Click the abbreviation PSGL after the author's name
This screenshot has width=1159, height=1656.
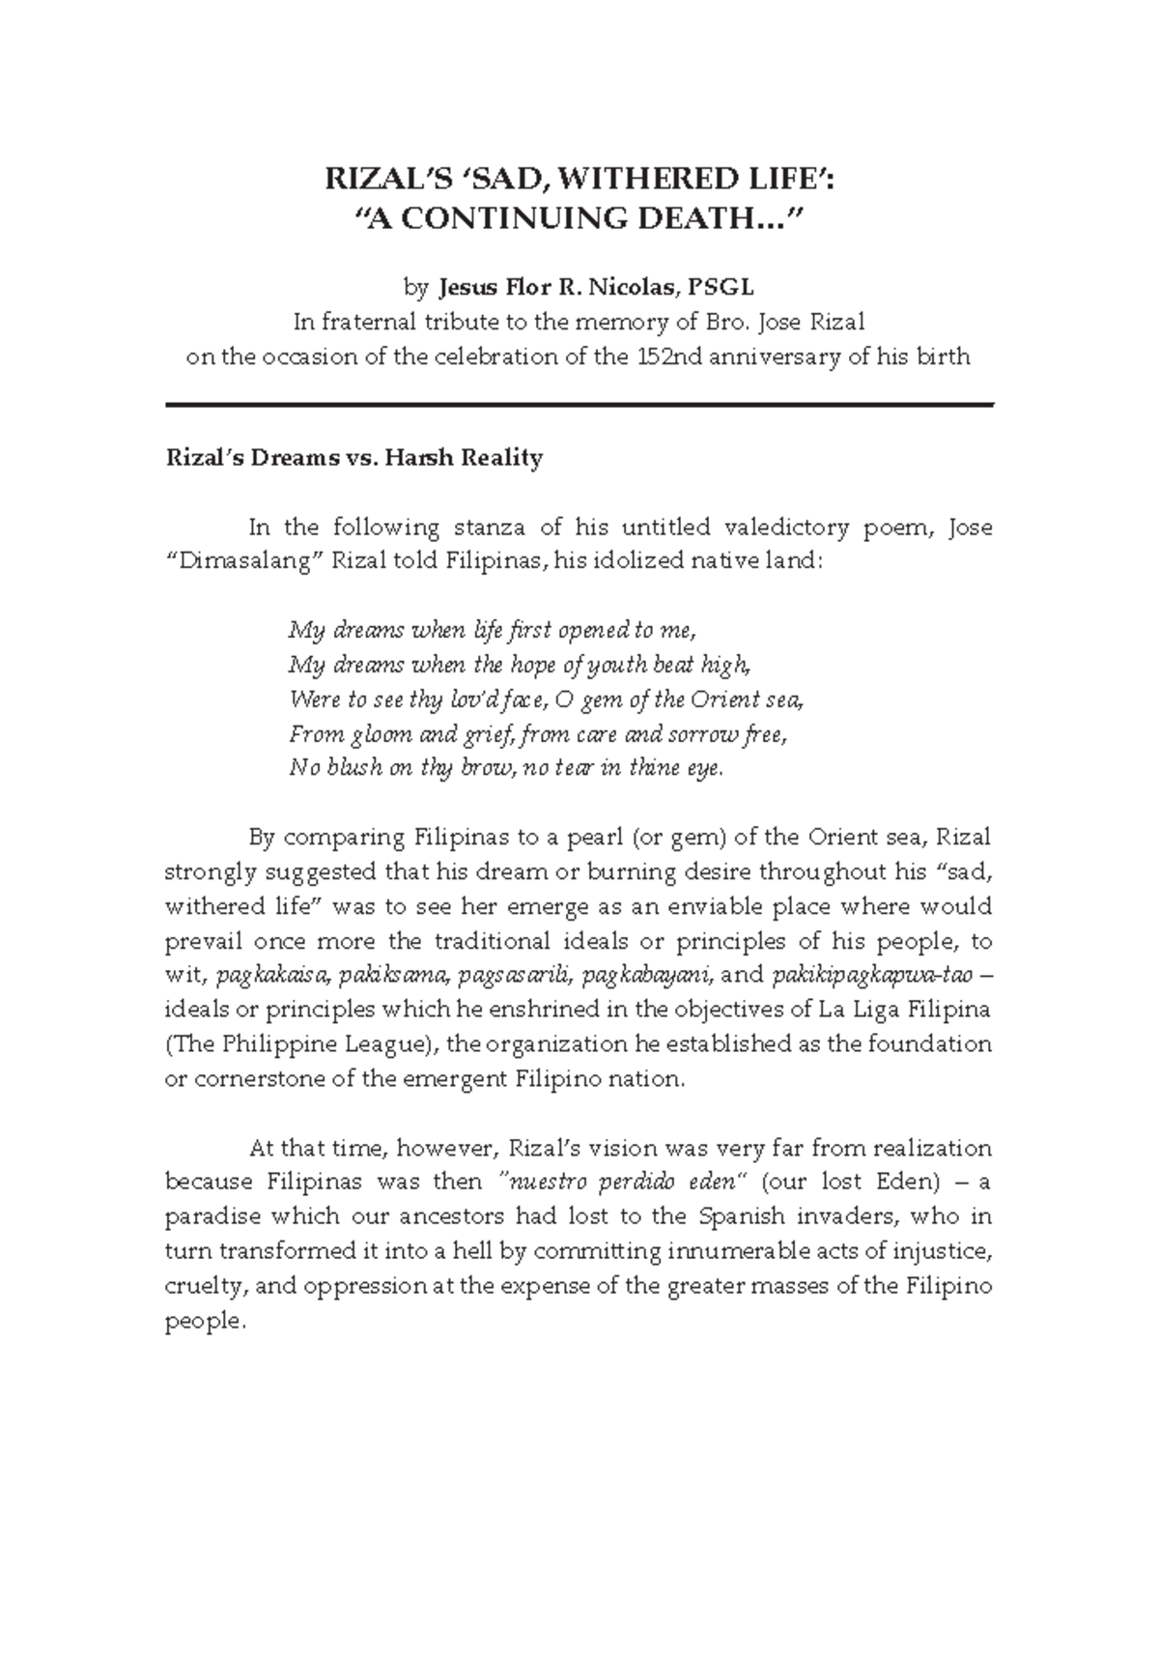point(721,287)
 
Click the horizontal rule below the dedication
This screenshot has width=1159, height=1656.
point(579,405)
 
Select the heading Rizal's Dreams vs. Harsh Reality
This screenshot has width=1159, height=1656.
point(353,457)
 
